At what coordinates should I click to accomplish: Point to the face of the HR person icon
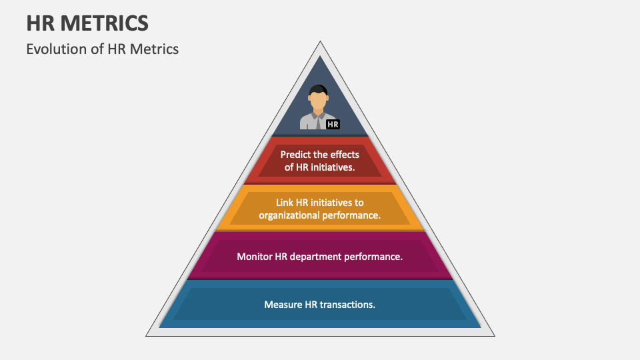click(319, 101)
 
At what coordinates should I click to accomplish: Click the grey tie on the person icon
click(319, 121)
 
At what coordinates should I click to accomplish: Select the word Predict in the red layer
click(296, 155)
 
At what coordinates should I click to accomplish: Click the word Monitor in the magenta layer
click(254, 256)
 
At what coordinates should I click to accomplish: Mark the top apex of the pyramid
click(320, 43)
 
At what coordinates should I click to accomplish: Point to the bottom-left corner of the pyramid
click(148, 335)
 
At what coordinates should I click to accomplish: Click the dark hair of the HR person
click(319, 89)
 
